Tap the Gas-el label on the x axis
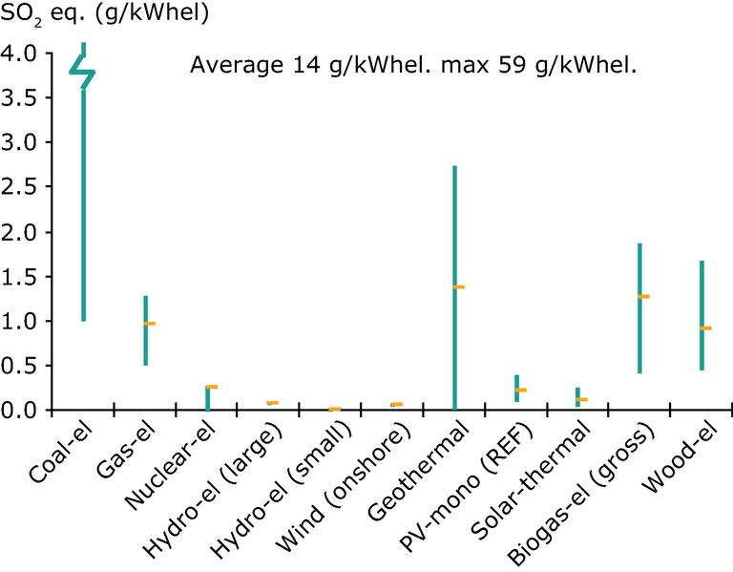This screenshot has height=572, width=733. pos(121,449)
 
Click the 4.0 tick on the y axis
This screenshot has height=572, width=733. pos(21,53)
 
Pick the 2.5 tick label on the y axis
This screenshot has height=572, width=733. pos(21,187)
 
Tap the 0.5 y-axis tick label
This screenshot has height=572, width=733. pos(21,366)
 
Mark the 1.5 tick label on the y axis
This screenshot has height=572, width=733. pos(21,277)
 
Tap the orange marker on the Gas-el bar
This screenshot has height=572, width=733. pos(149,324)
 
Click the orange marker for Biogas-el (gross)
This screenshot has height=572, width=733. pos(643,296)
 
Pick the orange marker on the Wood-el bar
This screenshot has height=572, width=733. pos(705,328)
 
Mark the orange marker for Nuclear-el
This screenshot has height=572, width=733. pos(211,387)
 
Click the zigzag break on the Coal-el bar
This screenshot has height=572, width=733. pos(83,72)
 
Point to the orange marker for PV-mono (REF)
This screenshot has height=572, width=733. pos(520,390)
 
